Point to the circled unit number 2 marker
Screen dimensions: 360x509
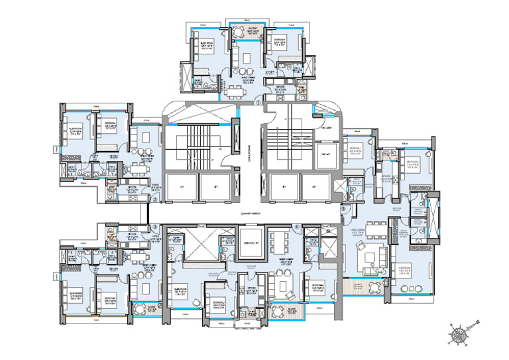point(154,198)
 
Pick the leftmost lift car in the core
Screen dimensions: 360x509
point(181,188)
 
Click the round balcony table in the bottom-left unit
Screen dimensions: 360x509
point(139,308)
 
